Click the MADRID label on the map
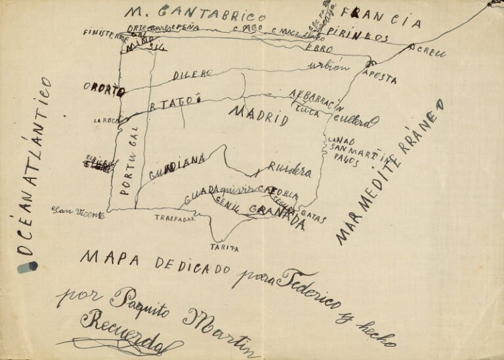point(259,115)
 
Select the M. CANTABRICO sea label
point(196,14)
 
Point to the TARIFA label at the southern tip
point(224,248)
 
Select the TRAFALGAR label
point(175,219)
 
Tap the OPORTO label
point(104,90)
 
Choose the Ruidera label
point(289,170)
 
